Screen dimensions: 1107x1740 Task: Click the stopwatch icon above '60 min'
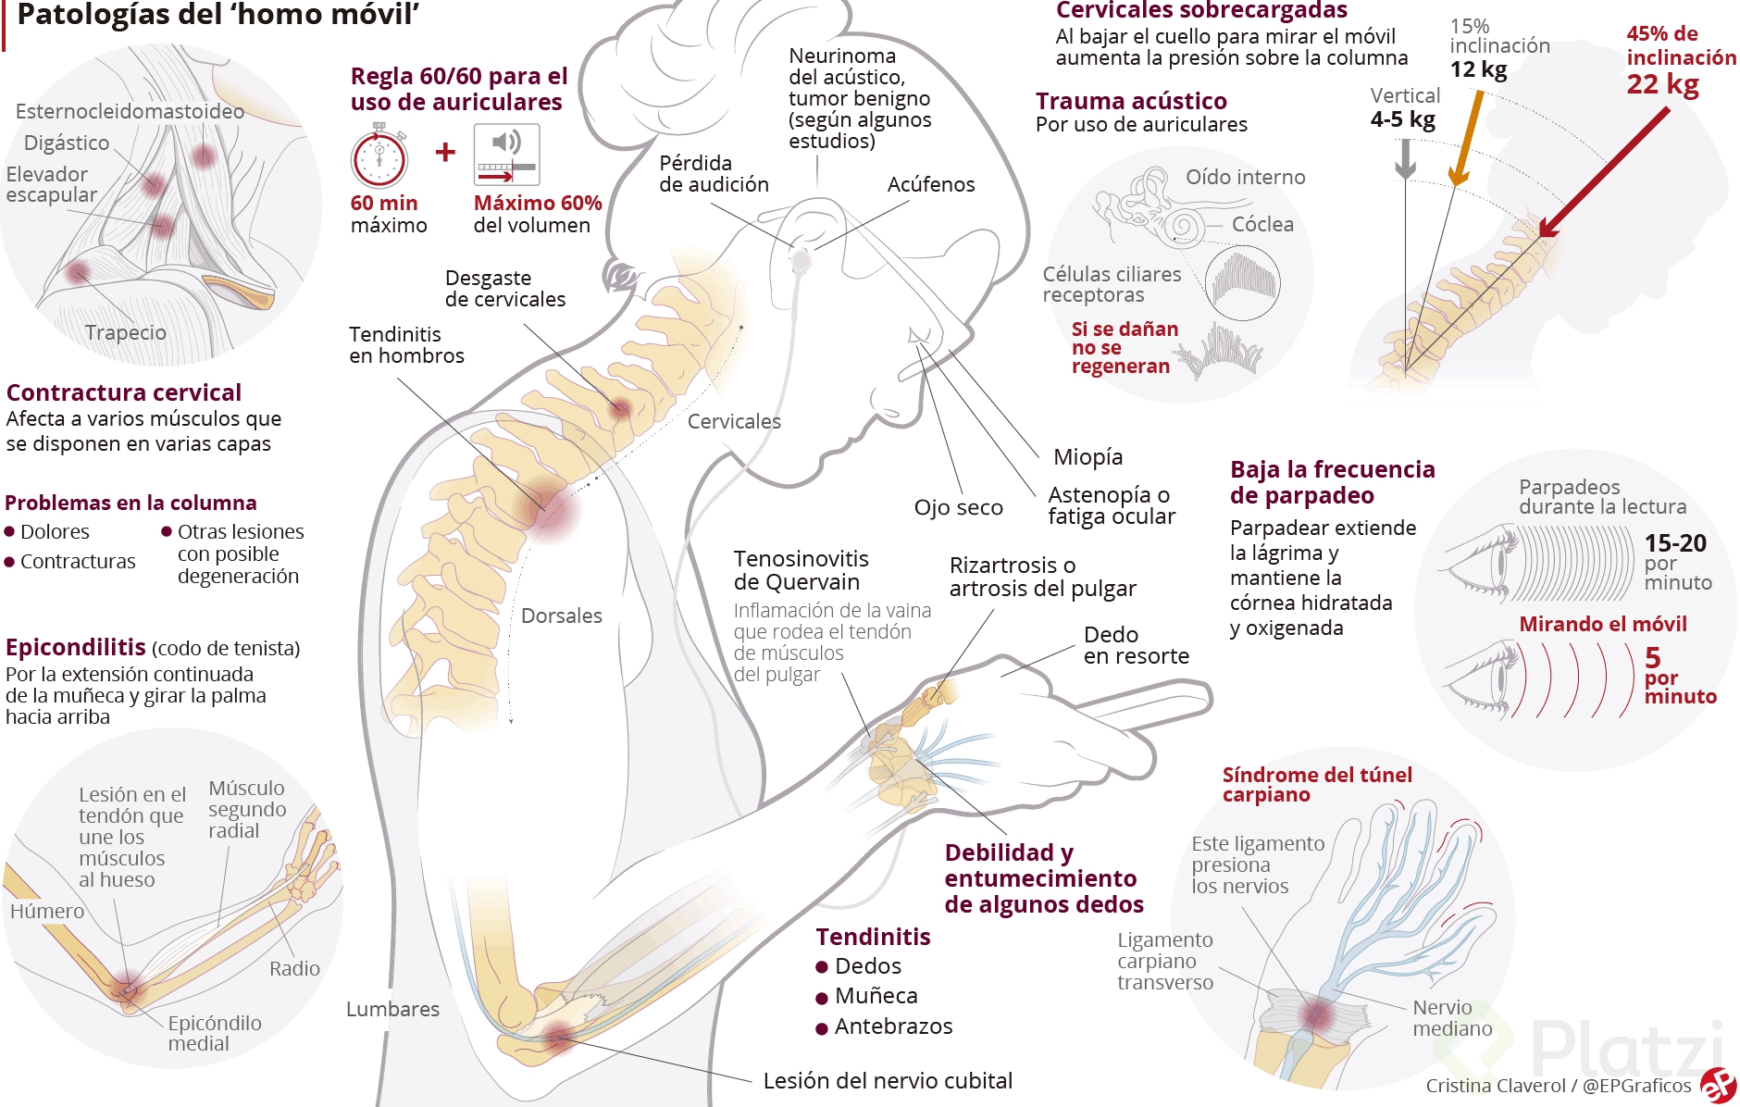(379, 156)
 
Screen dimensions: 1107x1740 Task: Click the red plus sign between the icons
(445, 151)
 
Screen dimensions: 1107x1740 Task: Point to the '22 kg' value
(1662, 84)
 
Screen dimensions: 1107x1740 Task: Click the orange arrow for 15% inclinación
(1468, 139)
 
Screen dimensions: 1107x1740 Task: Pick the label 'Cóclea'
(1262, 224)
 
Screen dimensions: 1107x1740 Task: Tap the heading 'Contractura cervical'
(124, 392)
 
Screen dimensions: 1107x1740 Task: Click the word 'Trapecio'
(126, 332)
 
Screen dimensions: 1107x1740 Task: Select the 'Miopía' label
(1088, 456)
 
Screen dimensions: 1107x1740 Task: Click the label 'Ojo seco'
(958, 507)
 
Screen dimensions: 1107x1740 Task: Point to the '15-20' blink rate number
(1675, 543)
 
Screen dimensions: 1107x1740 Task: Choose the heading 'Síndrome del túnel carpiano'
(1316, 784)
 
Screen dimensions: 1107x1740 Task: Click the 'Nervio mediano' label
(1451, 1018)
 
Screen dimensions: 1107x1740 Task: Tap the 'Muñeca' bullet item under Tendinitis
(876, 996)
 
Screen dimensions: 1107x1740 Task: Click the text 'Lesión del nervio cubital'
(888, 1080)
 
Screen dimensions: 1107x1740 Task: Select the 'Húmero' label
(47, 911)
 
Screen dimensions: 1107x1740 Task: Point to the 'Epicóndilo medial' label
(214, 1033)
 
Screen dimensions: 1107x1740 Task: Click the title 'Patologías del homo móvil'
(218, 15)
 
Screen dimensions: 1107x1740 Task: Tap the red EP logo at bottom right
(1718, 1085)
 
